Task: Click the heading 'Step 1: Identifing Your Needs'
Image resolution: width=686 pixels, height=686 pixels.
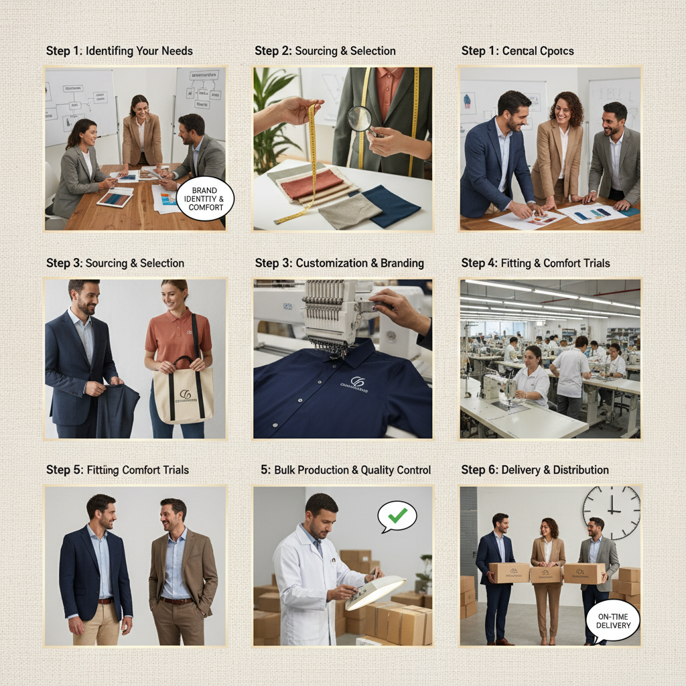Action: (119, 51)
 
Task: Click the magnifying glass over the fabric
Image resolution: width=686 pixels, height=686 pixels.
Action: (360, 119)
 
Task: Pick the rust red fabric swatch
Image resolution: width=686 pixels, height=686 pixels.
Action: (312, 184)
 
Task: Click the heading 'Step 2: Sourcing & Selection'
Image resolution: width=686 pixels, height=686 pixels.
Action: (325, 51)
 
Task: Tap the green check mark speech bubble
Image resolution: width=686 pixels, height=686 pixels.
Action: (397, 516)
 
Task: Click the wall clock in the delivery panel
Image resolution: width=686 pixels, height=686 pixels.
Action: (611, 512)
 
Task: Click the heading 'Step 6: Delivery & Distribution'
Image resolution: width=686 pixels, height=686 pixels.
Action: (535, 470)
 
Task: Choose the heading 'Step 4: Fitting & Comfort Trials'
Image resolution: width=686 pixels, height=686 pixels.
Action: (535, 263)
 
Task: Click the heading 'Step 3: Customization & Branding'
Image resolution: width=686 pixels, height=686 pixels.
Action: (339, 263)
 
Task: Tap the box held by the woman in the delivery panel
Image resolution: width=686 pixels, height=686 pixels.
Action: (547, 574)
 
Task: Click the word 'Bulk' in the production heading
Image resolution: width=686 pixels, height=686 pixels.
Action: (287, 470)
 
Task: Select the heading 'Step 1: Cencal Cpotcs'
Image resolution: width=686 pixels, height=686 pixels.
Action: (517, 51)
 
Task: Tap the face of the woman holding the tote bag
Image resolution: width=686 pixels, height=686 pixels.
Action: (175, 295)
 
